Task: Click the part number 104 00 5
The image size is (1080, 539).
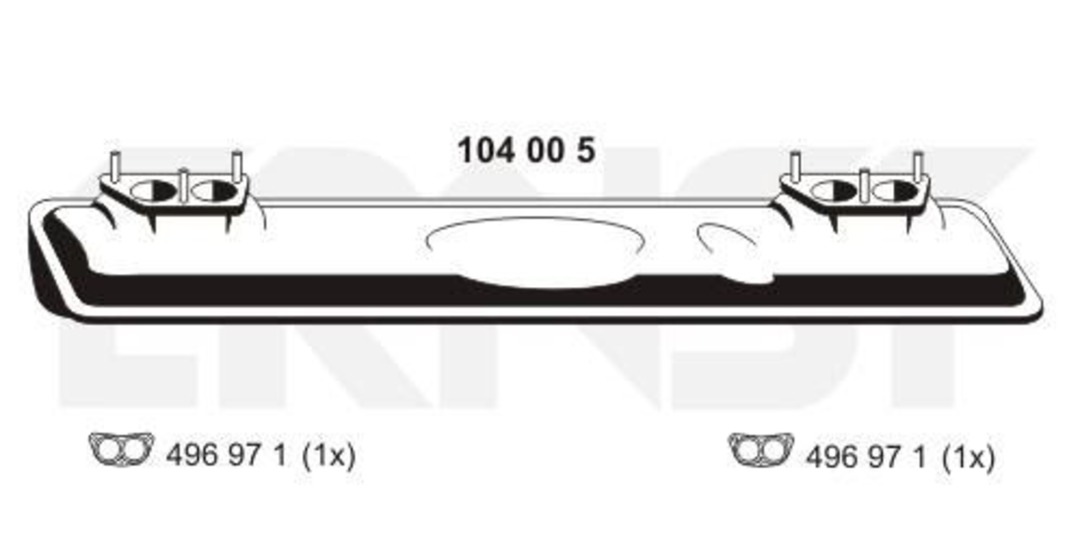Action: coord(526,150)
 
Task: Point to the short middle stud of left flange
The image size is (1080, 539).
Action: coord(184,185)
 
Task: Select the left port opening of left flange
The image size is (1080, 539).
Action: coord(154,190)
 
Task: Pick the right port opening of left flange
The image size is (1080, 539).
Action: coord(214,191)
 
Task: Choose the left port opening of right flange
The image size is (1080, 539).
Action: coord(834,191)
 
